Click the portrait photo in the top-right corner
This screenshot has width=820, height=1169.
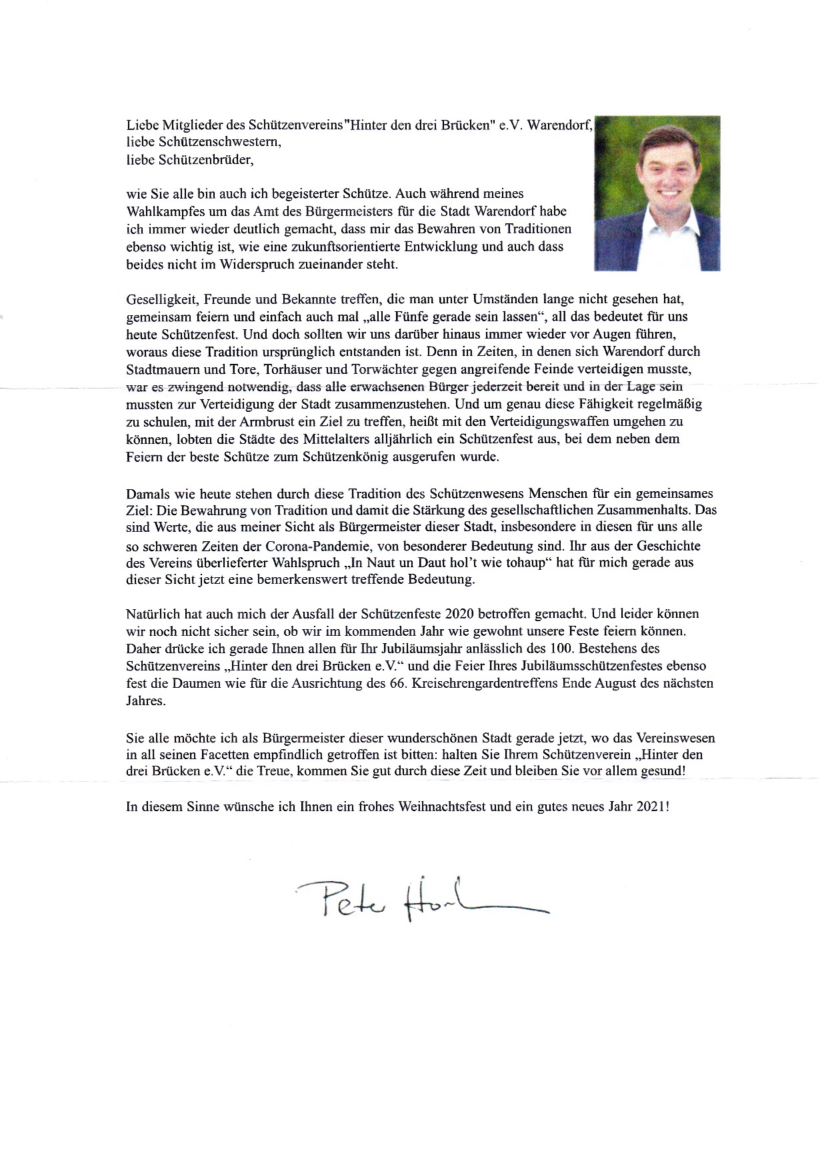657,193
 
